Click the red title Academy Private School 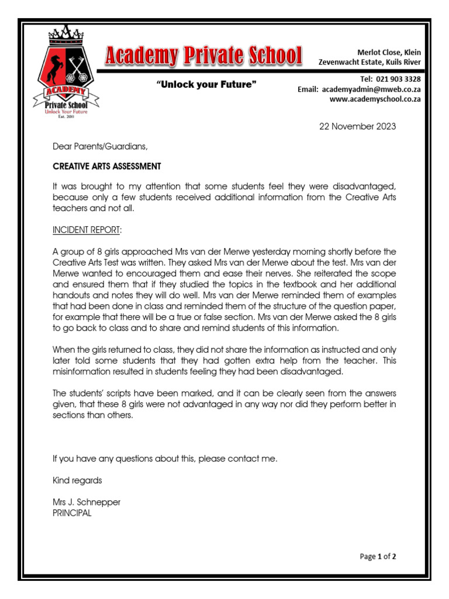pyautogui.click(x=203, y=57)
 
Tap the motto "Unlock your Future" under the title pyautogui.click(x=206, y=85)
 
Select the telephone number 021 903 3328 pyautogui.click(x=399, y=79)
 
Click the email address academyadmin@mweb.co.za pyautogui.click(x=371, y=89)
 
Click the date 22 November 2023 pyautogui.click(x=357, y=126)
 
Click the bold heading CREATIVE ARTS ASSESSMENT pyautogui.click(x=106, y=166)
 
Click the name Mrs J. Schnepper pyautogui.click(x=87, y=502)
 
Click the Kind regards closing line pyautogui.click(x=77, y=480)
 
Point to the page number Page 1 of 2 pyautogui.click(x=378, y=556)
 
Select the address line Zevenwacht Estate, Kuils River pyautogui.click(x=369, y=62)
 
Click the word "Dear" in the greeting pyautogui.click(x=62, y=146)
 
